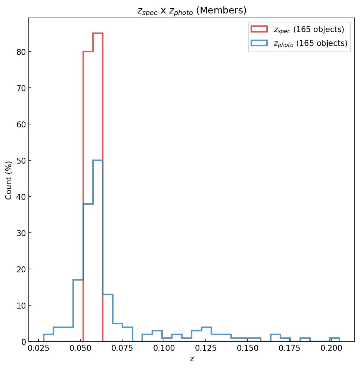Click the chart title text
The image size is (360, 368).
pyautogui.click(x=192, y=11)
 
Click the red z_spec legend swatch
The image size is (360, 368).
pyautogui.click(x=259, y=29)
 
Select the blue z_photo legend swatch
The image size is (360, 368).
pyautogui.click(x=259, y=43)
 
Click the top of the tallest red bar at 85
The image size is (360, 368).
pyautogui.click(x=98, y=34)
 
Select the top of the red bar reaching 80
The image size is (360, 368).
pyautogui.click(x=88, y=52)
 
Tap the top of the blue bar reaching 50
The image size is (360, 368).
pyautogui.click(x=98, y=160)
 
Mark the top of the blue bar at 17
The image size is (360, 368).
pyautogui.click(x=78, y=280)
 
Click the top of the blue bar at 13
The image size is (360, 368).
pyautogui.click(x=108, y=294)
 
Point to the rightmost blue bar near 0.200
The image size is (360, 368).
pyautogui.click(x=335, y=338)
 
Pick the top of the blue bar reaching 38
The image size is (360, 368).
pyautogui.click(x=88, y=204)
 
